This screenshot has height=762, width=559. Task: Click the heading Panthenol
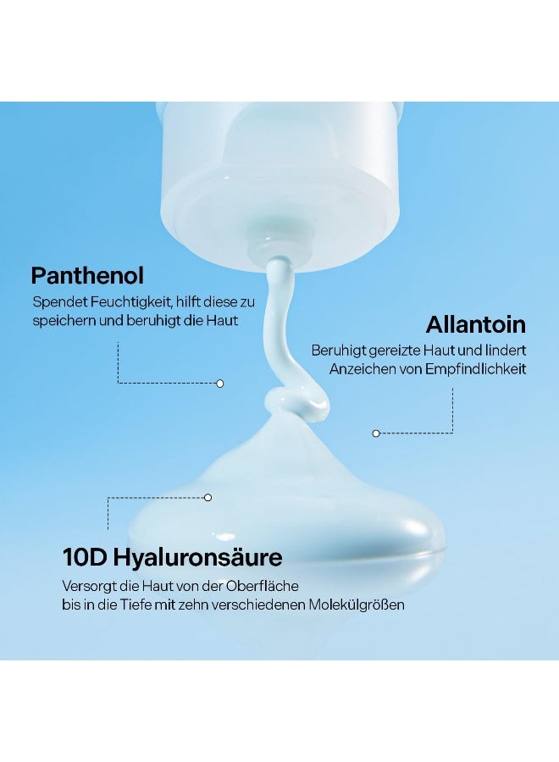point(87,275)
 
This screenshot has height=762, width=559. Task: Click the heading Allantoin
point(476,324)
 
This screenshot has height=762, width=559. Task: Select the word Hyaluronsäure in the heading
point(198,558)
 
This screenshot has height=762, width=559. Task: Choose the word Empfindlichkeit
point(475,369)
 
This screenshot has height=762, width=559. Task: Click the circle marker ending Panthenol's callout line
point(219,384)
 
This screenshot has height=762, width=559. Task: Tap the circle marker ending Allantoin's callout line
point(376,433)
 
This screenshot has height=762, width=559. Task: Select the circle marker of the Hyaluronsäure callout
point(208,497)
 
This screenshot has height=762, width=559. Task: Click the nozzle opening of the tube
point(274,244)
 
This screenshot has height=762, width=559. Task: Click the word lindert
point(505,351)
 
